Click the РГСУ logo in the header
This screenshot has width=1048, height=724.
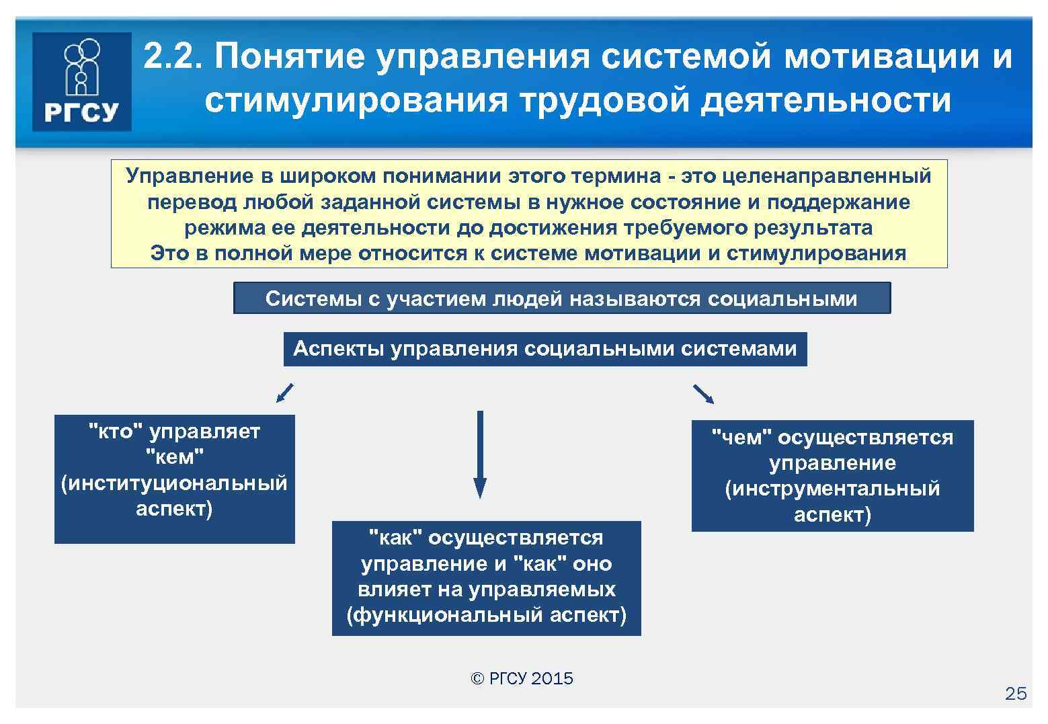pos(81,81)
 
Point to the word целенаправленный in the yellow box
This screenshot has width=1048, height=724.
pos(827,176)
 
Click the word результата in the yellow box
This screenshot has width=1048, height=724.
pos(813,228)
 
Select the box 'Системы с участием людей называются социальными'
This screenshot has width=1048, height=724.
pos(561,298)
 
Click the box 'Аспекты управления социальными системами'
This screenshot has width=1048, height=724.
pos(545,349)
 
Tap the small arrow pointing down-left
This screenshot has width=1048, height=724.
pos(285,393)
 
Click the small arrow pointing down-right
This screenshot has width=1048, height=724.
pos(703,394)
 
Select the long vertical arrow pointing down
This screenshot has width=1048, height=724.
pos(479,454)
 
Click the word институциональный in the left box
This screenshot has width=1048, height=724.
pos(174,483)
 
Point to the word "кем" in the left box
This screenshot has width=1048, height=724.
pos(174,457)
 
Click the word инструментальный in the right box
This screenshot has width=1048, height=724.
pos(832,489)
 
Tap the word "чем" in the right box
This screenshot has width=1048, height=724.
pos(741,438)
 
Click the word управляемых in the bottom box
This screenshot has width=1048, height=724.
pos(542,590)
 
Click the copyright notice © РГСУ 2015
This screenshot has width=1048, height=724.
pos(522,678)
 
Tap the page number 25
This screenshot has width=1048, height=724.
pos(1016,694)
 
